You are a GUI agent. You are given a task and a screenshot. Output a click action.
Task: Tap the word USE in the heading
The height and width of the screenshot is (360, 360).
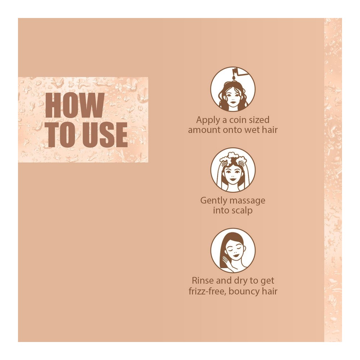tap(105, 135)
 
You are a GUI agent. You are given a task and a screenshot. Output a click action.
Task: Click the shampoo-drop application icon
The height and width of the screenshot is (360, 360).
tap(233, 89)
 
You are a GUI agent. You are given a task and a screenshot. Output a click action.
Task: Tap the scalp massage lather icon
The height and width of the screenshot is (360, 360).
tap(233, 170)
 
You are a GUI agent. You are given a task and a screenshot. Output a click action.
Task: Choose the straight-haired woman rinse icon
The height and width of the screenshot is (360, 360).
tap(233, 250)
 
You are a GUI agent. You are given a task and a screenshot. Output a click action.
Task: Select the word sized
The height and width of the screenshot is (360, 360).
tap(259, 120)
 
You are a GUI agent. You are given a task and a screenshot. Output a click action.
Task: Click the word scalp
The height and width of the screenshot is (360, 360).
tap(242, 210)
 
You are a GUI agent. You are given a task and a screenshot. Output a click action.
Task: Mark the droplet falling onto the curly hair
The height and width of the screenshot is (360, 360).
tap(234, 78)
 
